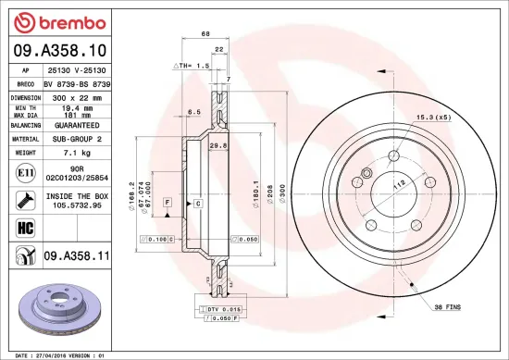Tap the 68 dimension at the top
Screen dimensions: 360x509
coord(205,33)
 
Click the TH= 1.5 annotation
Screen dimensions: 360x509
coord(191,67)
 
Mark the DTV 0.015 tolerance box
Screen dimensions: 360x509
coord(223,308)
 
